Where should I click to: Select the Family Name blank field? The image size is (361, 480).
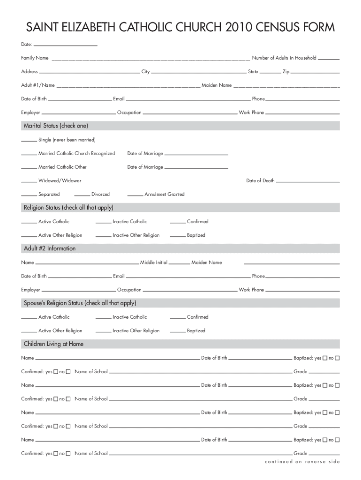150,60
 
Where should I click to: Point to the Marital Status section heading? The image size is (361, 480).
56,126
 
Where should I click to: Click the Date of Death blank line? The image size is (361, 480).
308,182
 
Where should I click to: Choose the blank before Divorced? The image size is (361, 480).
82,195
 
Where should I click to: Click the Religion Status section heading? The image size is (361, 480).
68,208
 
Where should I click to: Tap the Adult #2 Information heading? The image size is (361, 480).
50,248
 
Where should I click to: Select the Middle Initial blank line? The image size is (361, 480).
179,264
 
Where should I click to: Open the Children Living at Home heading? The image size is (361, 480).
53,344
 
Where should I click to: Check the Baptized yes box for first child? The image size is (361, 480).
324,359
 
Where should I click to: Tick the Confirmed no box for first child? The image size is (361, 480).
68,372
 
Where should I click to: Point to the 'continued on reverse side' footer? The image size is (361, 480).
302,462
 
